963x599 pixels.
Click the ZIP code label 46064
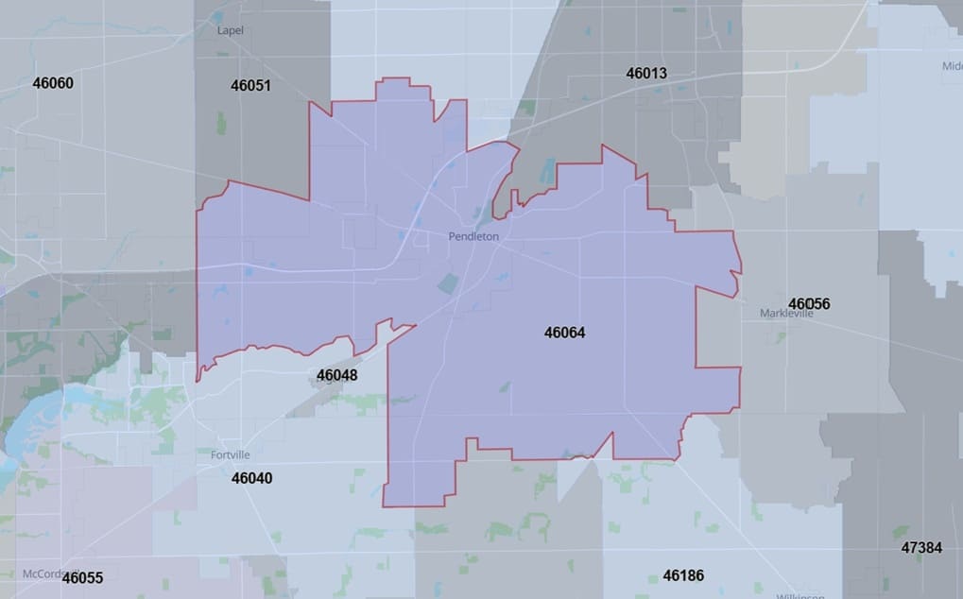click(565, 333)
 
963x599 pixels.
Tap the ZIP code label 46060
click(53, 82)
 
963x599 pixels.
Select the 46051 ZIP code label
click(250, 85)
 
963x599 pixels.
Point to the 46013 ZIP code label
click(646, 73)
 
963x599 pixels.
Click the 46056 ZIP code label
click(809, 303)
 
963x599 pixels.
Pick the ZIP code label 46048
click(336, 375)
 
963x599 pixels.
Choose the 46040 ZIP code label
click(251, 478)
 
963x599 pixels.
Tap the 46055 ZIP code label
click(82, 577)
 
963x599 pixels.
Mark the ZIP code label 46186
click(683, 574)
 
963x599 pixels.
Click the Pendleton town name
click(473, 236)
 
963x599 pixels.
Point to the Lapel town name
click(231, 30)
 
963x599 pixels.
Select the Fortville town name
click(231, 454)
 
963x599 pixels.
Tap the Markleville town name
click(786, 314)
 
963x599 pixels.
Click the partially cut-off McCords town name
click(43, 572)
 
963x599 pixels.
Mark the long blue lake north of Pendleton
click(547, 170)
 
